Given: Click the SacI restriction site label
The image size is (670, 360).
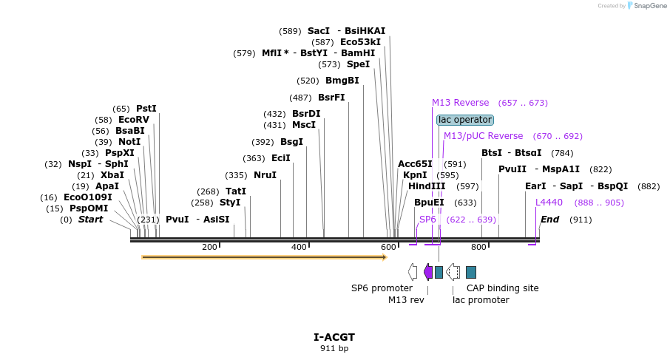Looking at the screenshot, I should (x=318, y=31).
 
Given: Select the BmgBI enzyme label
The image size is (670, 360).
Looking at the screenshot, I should (x=342, y=81).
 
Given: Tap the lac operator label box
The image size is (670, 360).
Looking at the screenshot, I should (x=464, y=120).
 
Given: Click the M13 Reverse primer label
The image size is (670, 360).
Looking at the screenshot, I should (x=460, y=103).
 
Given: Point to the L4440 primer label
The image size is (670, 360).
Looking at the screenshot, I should (x=549, y=202).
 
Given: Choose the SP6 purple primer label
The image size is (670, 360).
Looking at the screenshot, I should (x=427, y=220).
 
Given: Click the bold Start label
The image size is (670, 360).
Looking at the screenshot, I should (x=90, y=220).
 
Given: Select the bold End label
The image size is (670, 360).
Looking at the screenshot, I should (x=549, y=220).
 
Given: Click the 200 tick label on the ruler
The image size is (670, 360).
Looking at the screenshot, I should (x=209, y=247).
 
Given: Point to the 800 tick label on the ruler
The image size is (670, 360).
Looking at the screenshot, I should (x=478, y=247).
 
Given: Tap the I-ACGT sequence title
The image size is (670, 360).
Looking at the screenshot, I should (x=334, y=337).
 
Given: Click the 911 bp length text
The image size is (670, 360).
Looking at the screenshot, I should (x=334, y=348).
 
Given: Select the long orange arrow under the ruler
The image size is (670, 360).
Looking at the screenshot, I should (x=264, y=257).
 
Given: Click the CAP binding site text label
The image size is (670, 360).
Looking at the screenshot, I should (x=502, y=288).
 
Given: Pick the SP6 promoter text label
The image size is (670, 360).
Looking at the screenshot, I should (x=382, y=288).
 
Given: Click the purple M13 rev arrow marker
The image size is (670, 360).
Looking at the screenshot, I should (x=428, y=272).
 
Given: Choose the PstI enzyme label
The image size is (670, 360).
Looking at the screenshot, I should (x=146, y=109).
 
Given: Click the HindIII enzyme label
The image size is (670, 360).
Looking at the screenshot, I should (x=427, y=186).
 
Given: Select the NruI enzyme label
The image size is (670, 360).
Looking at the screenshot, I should (x=265, y=175).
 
